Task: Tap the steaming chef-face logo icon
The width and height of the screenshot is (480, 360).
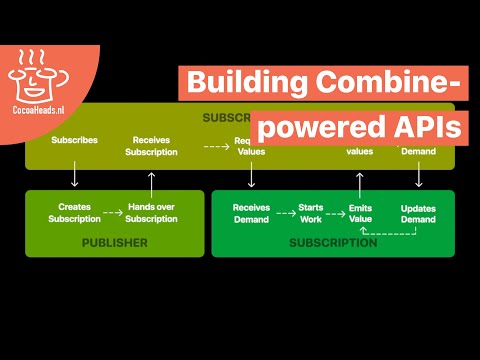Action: point(37,73)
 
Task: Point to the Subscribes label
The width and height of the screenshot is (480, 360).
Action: point(74,141)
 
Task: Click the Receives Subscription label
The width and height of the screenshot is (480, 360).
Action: point(151,146)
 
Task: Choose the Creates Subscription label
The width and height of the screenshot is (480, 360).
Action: point(74,211)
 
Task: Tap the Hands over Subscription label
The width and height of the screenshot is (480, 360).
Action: point(151,211)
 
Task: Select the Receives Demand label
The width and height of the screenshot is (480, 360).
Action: point(251,211)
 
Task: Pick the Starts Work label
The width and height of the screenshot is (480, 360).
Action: point(311,211)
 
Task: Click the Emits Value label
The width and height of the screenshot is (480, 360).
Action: point(360,211)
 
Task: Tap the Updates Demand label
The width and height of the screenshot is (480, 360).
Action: point(418,211)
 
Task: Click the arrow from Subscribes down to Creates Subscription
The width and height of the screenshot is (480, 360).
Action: point(74,176)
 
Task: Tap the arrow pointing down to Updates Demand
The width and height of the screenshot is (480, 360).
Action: point(418,176)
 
